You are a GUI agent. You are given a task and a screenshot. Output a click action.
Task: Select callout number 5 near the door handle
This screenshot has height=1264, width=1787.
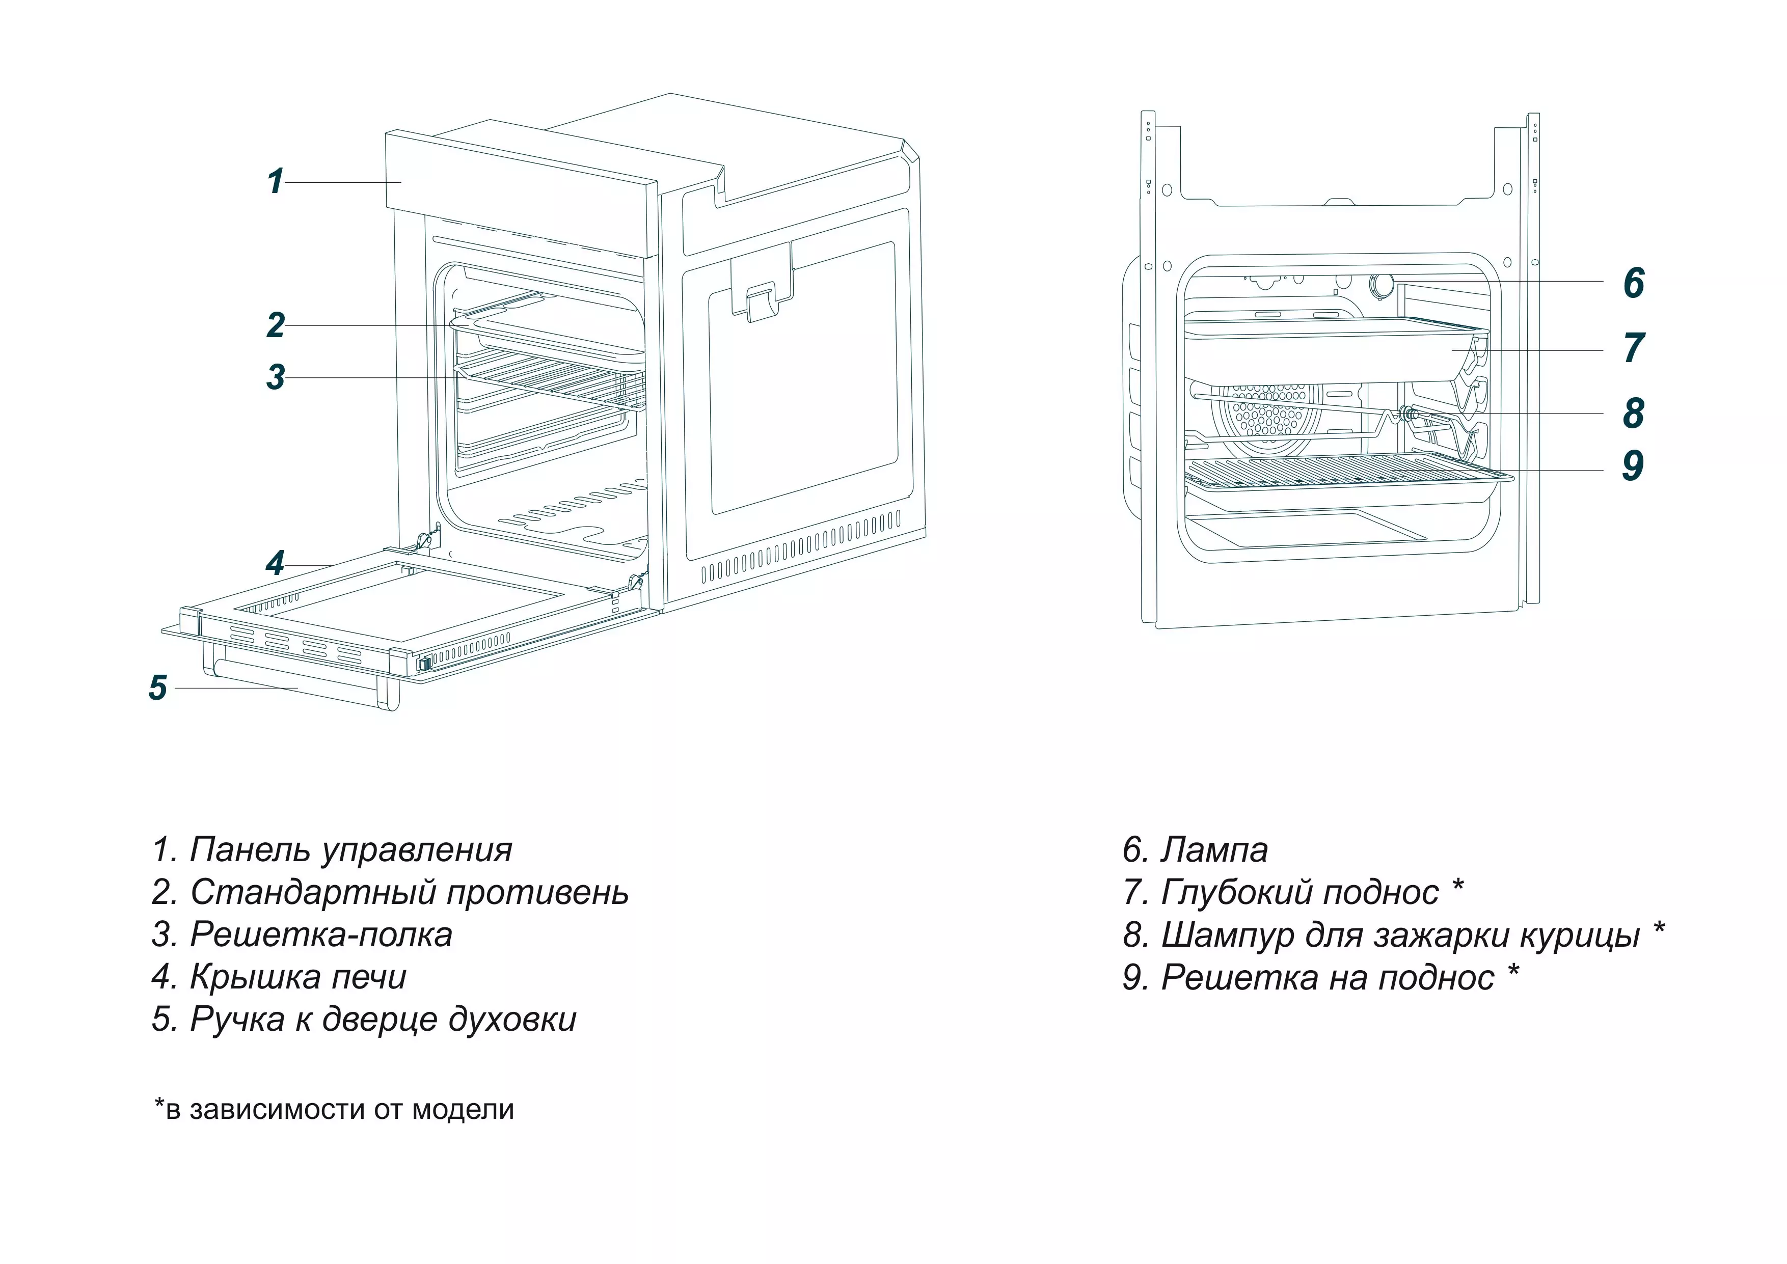pyautogui.click(x=158, y=688)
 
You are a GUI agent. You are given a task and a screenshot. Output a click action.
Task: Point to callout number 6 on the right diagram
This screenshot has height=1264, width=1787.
pyautogui.click(x=1633, y=283)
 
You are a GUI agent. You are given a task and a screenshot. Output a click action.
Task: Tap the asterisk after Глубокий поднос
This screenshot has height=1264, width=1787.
pyautogui.click(x=1458, y=886)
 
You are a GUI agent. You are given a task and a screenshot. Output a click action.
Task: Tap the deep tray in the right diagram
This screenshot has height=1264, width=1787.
pyautogui.click(x=1323, y=354)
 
